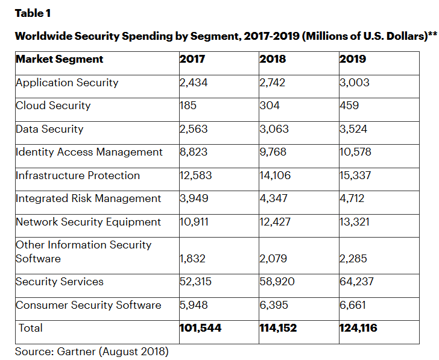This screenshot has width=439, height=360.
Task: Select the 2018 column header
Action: (x=273, y=59)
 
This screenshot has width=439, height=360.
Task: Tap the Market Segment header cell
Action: (x=59, y=59)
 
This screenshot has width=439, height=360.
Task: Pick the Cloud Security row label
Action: (x=53, y=106)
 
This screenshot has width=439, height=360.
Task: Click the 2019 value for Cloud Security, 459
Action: (x=349, y=106)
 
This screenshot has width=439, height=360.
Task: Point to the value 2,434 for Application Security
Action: (x=194, y=83)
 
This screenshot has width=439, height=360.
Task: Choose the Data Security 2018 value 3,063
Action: (x=275, y=129)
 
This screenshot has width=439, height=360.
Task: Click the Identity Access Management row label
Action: (x=89, y=152)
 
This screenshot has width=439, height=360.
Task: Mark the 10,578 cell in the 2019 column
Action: (x=356, y=152)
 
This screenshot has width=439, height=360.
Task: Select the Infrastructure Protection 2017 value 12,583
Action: (x=196, y=175)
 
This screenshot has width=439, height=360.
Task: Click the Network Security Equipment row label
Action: (x=88, y=222)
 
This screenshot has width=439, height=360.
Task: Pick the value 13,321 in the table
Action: (x=355, y=222)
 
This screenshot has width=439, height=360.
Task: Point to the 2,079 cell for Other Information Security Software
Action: (x=274, y=259)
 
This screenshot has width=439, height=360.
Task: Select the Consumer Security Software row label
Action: (x=88, y=305)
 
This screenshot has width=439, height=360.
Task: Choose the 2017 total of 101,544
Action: (x=200, y=329)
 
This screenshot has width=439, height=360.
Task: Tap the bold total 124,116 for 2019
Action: (x=359, y=329)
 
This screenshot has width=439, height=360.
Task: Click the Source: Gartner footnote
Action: (x=92, y=351)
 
